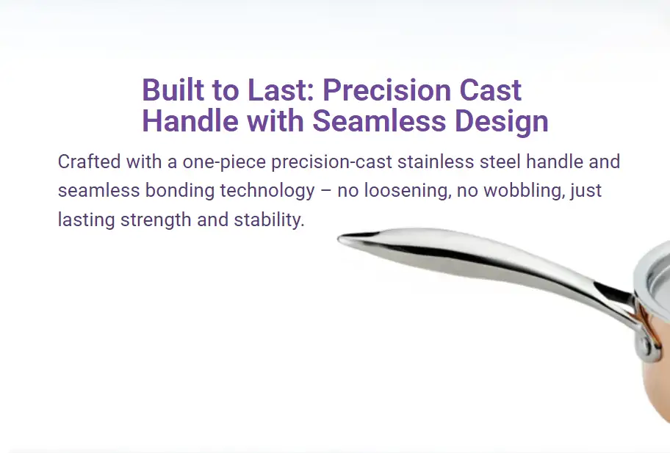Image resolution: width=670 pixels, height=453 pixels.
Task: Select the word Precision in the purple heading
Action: click(x=386, y=90)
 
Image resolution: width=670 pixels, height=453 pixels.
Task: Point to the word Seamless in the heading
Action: click(x=379, y=121)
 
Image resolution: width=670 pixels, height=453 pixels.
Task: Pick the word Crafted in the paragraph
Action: click(x=90, y=162)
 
